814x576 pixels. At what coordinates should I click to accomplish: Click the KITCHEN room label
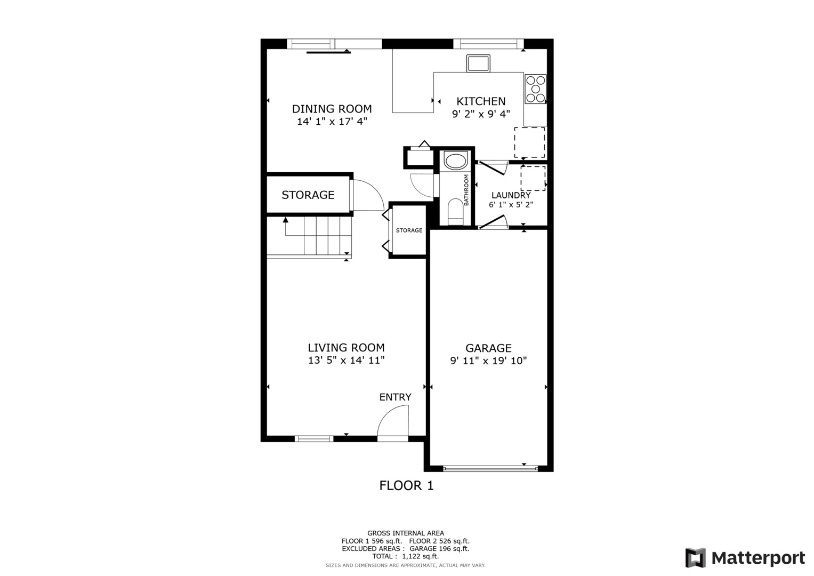[481, 101]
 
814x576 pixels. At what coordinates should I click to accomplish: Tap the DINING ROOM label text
[332, 109]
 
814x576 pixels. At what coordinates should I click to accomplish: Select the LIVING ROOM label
[346, 348]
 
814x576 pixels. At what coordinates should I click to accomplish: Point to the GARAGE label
[488, 348]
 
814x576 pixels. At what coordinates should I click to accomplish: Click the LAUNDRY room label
[511, 195]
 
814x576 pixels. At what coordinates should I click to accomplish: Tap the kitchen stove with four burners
[535, 89]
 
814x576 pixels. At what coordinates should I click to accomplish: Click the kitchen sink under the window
[478, 63]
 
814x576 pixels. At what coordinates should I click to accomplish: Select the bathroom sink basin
[455, 161]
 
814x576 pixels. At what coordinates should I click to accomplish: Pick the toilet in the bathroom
[456, 211]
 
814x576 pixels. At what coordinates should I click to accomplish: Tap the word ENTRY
[395, 397]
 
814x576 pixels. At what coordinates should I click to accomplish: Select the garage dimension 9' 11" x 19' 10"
[488, 361]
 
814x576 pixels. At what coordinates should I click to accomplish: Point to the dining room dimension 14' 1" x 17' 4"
[332, 122]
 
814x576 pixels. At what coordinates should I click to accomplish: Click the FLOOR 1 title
[406, 486]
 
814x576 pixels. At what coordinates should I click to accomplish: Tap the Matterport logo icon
[695, 558]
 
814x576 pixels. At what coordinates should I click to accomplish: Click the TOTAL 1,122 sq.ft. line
[405, 556]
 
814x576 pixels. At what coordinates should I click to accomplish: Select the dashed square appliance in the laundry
[533, 178]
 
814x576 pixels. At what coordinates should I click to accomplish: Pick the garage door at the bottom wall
[490, 469]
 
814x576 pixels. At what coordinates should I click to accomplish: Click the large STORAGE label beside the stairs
[308, 195]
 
